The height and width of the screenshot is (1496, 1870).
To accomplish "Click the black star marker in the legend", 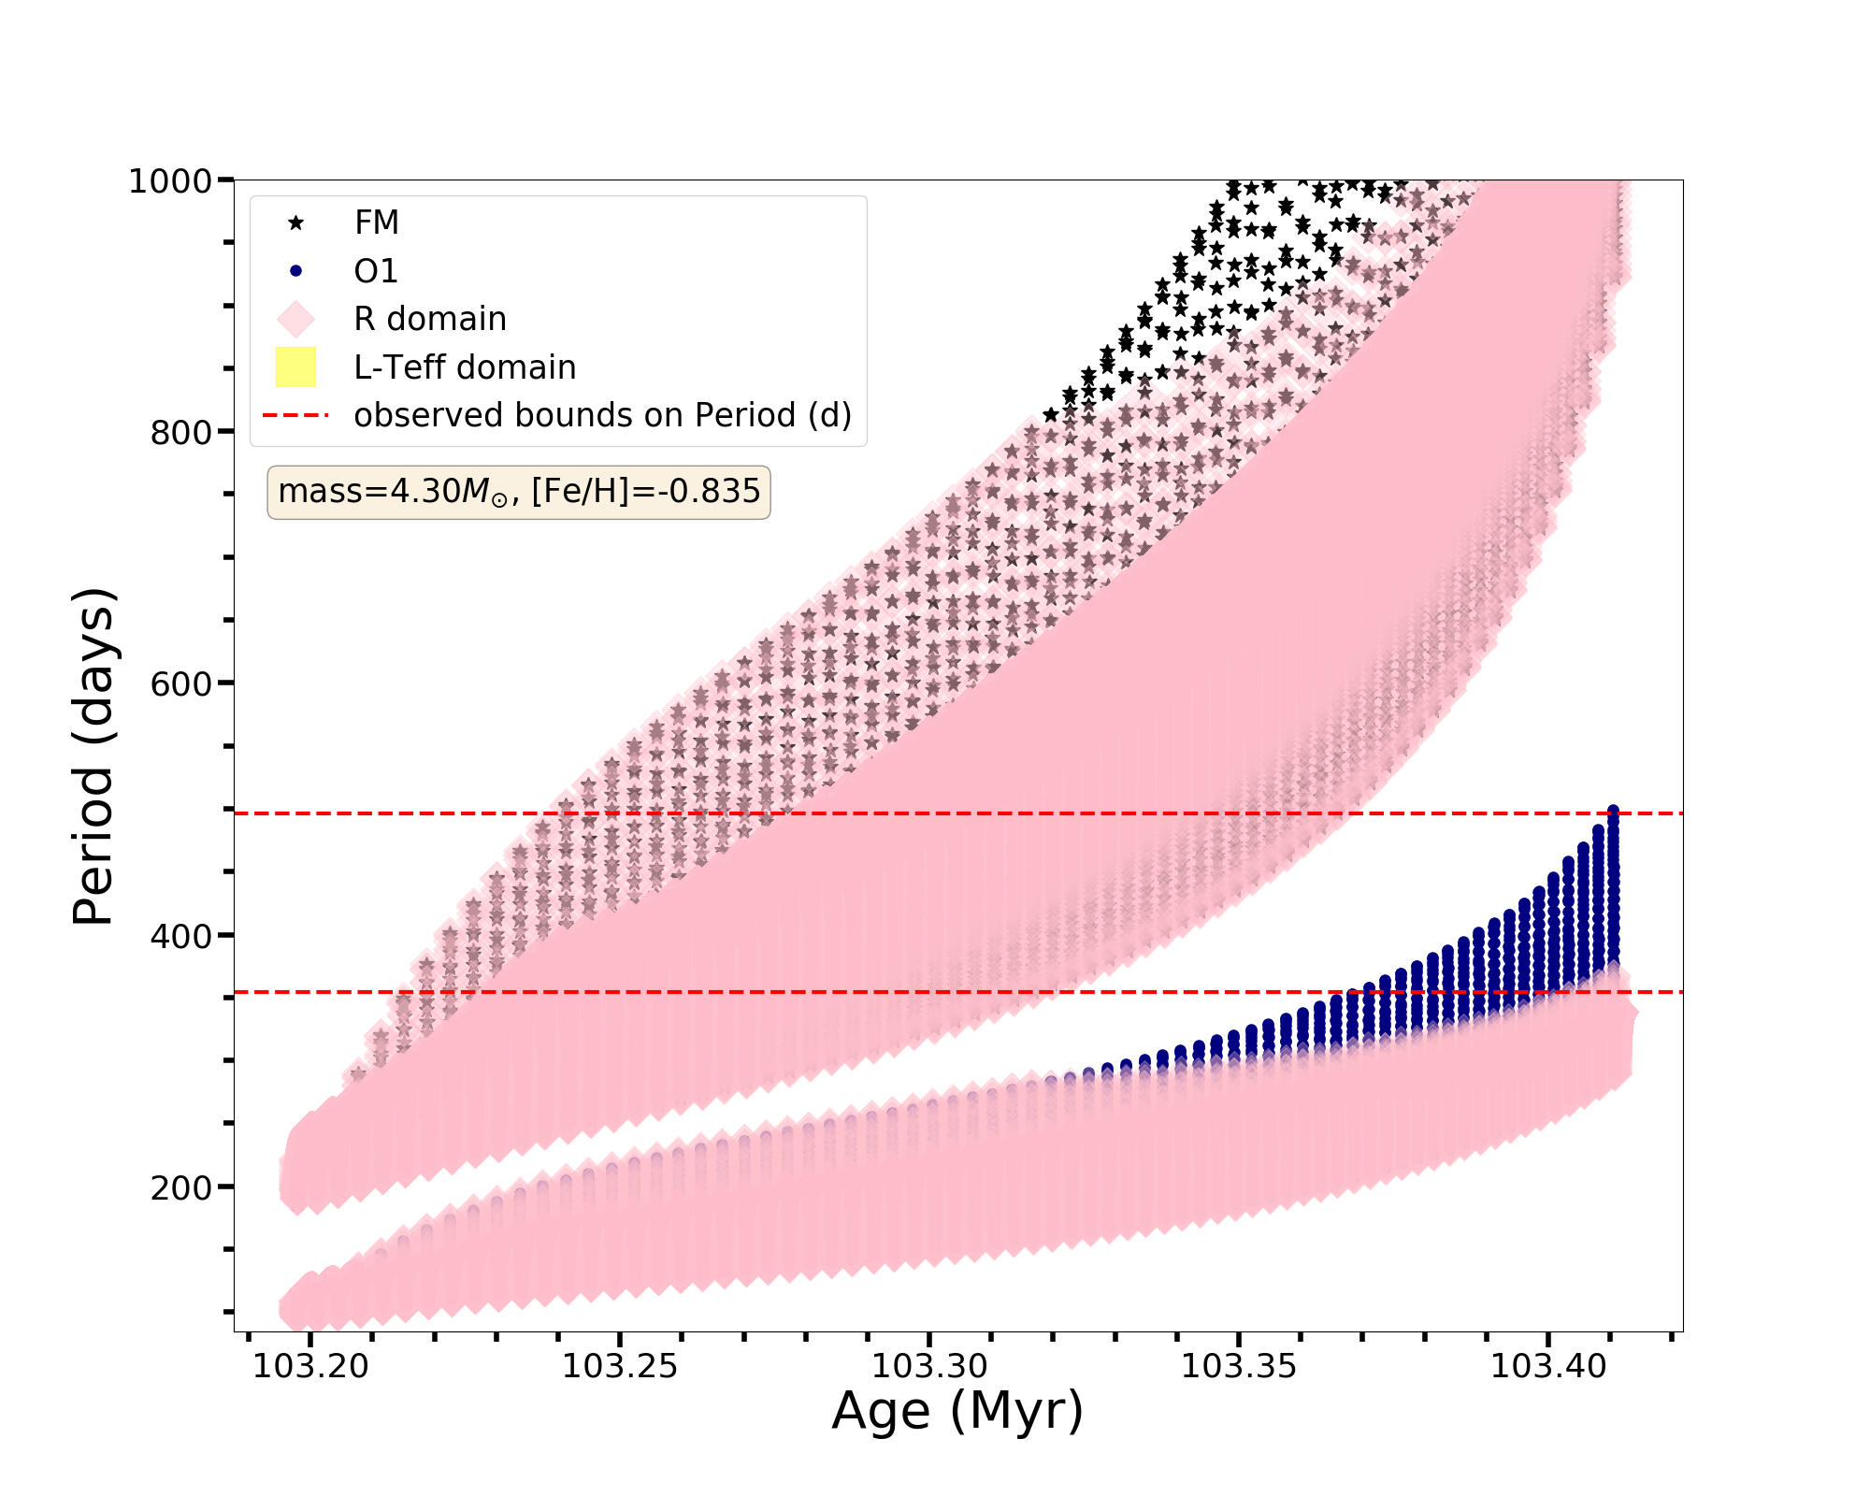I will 295,223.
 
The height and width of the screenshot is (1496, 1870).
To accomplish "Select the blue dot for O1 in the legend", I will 295,271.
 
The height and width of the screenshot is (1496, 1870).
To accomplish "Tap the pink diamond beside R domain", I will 295,319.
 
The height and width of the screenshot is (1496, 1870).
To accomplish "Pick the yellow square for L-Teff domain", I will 295,367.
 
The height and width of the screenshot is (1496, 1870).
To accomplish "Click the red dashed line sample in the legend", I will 295,415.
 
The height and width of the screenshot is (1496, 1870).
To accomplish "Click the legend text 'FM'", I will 377,223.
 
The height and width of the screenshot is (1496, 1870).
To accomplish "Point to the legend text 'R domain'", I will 430,319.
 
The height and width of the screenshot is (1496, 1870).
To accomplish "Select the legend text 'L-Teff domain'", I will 465,367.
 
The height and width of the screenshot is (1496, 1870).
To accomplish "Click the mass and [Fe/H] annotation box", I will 519,492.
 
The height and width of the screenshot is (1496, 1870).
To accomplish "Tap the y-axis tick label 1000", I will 169,180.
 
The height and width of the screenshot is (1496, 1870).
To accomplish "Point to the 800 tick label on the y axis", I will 180,432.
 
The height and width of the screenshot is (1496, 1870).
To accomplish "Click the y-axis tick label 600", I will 180,683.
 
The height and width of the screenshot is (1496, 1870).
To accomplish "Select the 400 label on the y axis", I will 180,935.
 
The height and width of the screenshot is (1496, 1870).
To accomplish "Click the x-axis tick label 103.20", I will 311,1367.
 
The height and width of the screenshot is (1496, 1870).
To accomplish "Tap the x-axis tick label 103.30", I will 929,1367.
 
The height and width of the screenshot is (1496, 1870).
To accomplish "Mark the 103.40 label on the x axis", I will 1547,1367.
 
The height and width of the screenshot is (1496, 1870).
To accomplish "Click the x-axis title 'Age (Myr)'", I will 957,1412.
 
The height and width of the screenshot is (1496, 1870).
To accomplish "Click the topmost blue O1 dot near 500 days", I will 1613,811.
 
